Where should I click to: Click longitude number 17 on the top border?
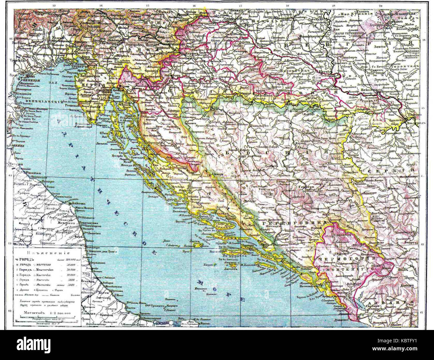[240, 6]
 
